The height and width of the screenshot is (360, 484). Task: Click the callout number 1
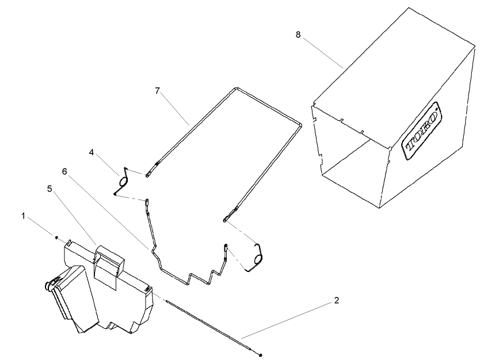pos(24,216)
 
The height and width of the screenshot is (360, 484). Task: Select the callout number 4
pos(92,152)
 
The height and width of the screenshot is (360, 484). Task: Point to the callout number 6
pos(64,171)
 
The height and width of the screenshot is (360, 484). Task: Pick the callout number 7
pos(157,91)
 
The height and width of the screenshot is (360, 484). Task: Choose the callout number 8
pos(298,35)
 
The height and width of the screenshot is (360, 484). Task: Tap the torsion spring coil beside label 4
pos(123,181)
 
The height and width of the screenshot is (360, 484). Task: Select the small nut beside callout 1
pos(56,236)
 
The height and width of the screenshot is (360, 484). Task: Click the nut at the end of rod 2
pos(261,354)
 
